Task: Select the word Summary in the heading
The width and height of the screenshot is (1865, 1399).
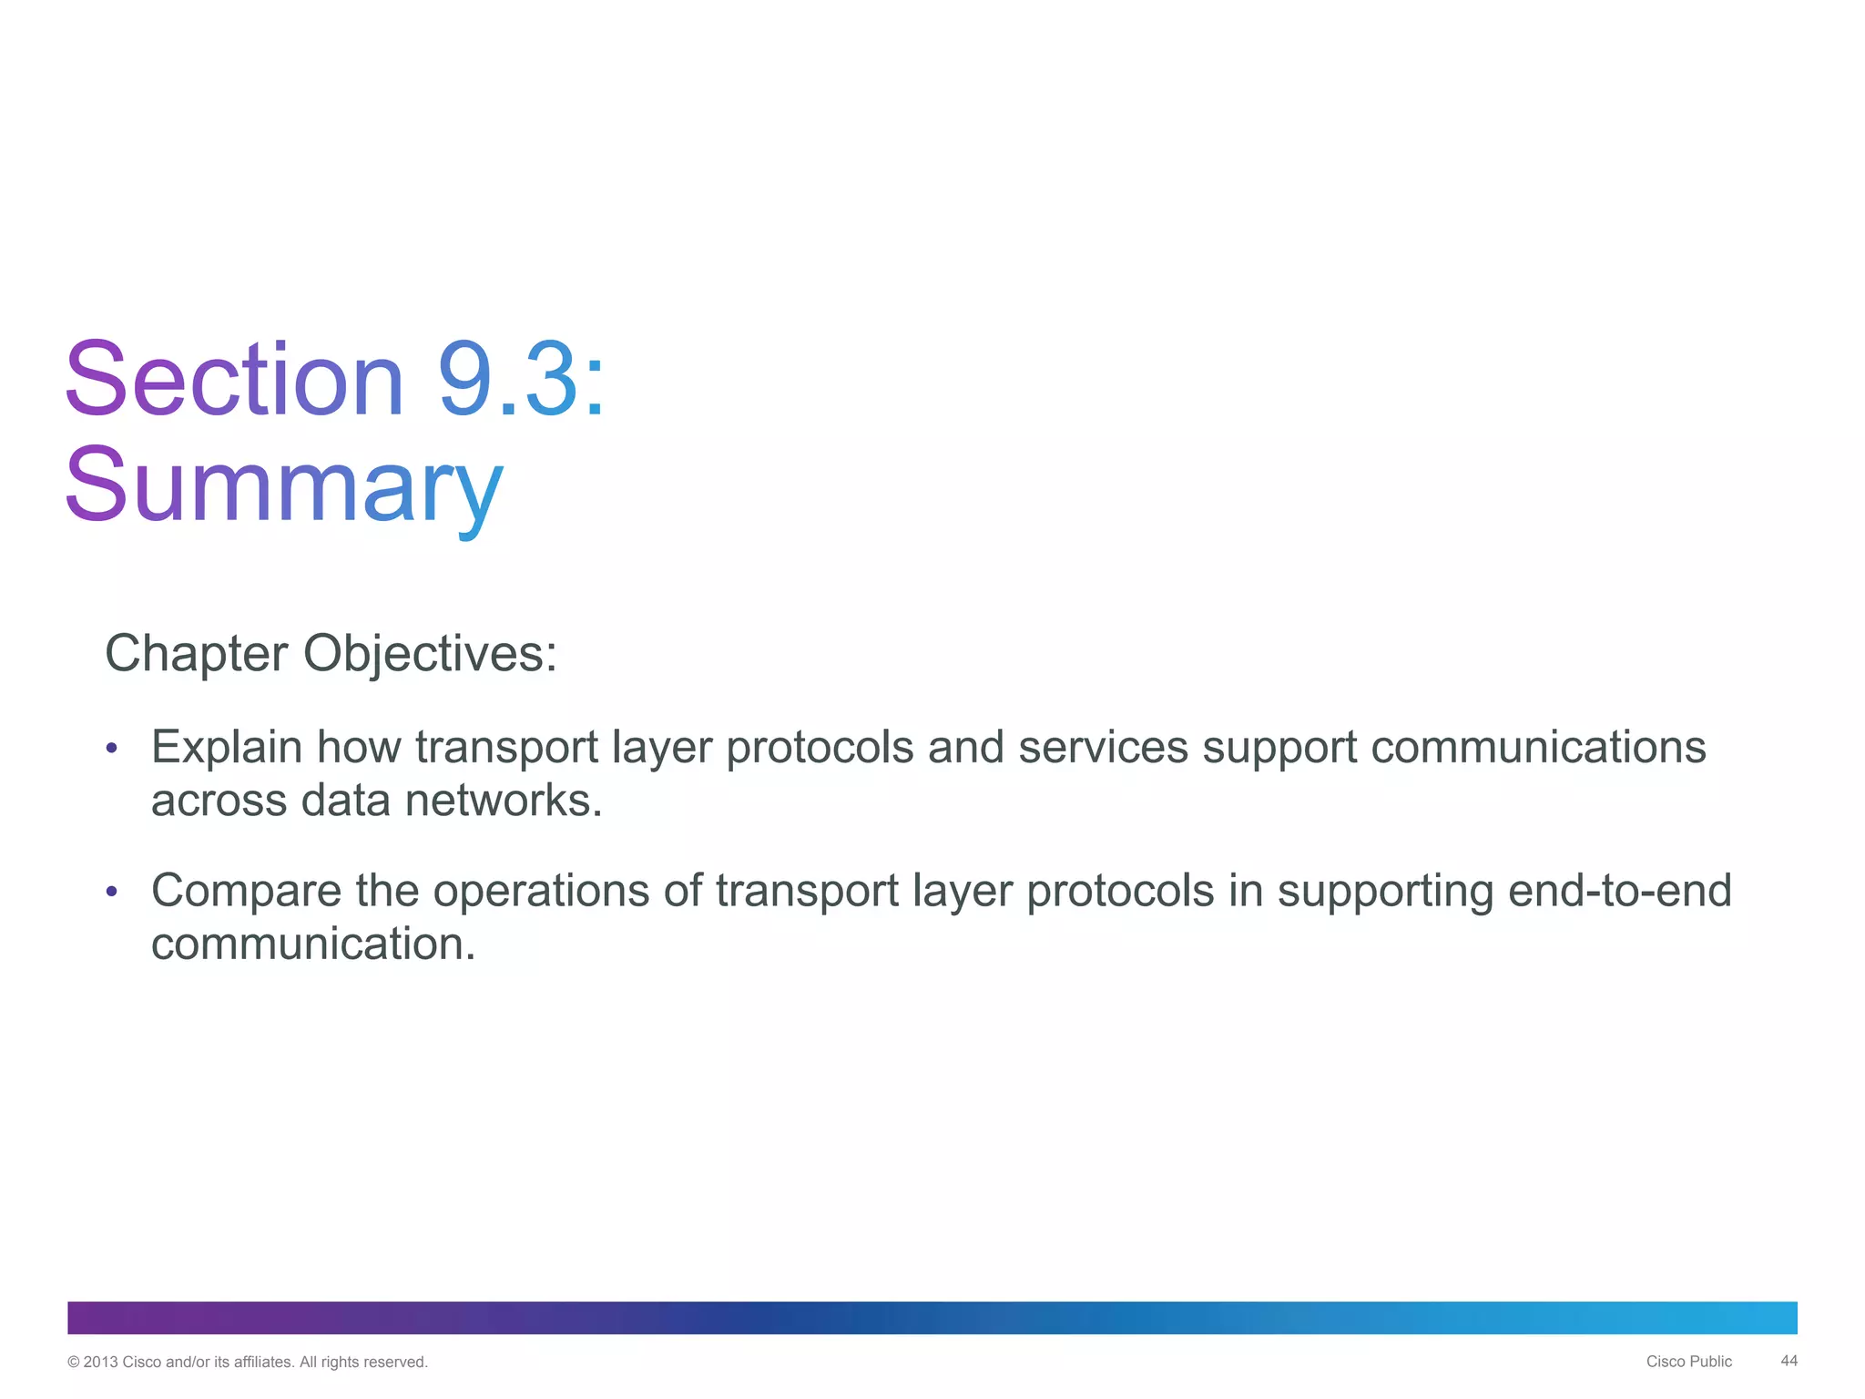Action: coord(283,485)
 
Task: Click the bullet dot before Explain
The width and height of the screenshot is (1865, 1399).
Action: coord(111,749)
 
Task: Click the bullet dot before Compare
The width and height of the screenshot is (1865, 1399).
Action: coord(111,892)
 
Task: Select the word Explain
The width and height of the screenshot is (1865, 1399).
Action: coord(226,748)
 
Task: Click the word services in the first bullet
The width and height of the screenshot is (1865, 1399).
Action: coord(1103,748)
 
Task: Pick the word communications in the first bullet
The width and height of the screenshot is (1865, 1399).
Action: coord(1538,748)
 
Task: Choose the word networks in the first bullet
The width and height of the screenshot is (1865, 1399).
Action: coord(504,801)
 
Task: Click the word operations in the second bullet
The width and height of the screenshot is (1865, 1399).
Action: coord(541,891)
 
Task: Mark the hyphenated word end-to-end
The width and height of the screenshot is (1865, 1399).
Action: coord(1619,891)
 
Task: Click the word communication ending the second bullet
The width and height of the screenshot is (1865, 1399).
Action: coord(312,944)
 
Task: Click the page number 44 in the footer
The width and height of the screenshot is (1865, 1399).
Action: coord(1789,1361)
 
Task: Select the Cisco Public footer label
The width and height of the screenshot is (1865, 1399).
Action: coord(1688,1362)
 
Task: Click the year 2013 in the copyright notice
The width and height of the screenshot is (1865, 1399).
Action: coord(100,1363)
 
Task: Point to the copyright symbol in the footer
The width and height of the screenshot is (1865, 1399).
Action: coord(74,1363)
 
